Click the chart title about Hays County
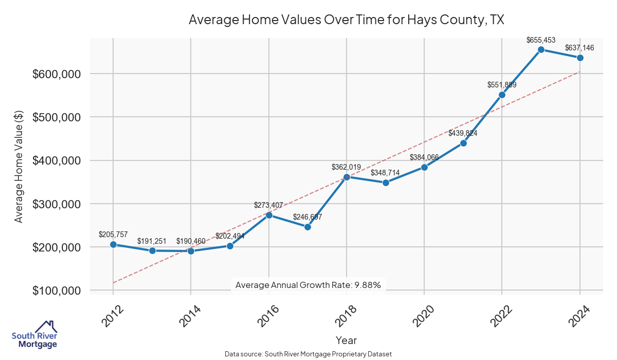click(346, 20)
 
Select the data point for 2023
click(541, 49)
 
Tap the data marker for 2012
click(113, 245)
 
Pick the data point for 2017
click(307, 227)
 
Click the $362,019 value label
click(347, 167)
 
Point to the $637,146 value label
click(579, 48)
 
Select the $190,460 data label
click(191, 241)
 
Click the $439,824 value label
click(463, 133)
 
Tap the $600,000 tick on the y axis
click(57, 74)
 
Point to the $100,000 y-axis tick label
click(57, 291)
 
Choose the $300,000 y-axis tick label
click(57, 204)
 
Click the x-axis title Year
click(346, 340)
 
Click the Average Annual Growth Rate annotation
click(307, 285)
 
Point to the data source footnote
click(308, 354)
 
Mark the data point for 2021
click(463, 143)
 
